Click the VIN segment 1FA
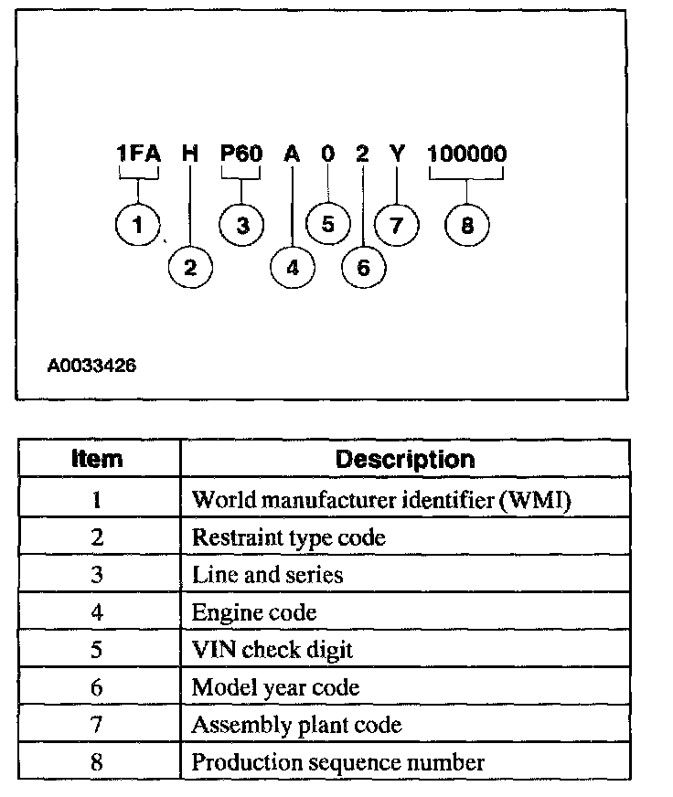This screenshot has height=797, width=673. [x=138, y=154]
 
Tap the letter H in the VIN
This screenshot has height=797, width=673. [x=190, y=154]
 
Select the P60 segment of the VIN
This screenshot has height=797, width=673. [x=241, y=154]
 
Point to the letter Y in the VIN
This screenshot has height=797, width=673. [x=397, y=154]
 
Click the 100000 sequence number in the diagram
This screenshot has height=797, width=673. [x=466, y=154]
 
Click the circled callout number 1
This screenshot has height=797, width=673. [x=138, y=224]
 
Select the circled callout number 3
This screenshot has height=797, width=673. [x=242, y=225]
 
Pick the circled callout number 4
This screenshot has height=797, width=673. [x=292, y=268]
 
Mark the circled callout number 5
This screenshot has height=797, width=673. [x=328, y=225]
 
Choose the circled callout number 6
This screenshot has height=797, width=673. [x=363, y=268]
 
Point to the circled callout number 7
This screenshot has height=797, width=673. [x=397, y=225]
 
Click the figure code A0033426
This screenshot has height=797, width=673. [x=91, y=366]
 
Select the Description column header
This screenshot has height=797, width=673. [x=405, y=459]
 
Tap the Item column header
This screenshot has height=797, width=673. [x=97, y=459]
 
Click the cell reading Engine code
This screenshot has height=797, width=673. [x=253, y=611]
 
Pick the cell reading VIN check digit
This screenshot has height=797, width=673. [x=272, y=650]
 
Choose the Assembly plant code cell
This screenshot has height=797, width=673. [x=296, y=725]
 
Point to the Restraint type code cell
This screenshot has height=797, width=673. [x=288, y=537]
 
